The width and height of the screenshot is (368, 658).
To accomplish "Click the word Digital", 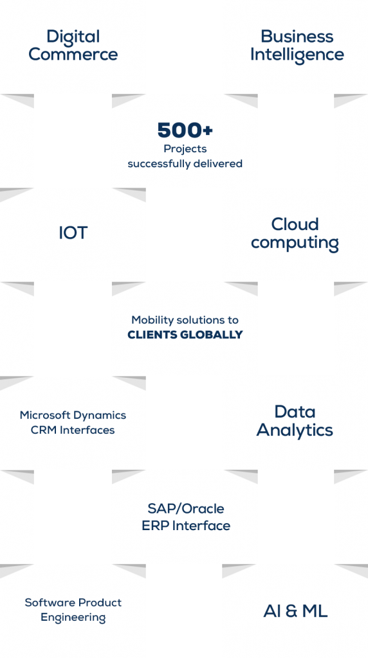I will [x=73, y=37].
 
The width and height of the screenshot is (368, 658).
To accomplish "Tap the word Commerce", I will [x=73, y=54].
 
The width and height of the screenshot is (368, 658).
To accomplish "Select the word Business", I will [x=297, y=37].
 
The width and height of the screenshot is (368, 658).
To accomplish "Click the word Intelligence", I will [x=297, y=55].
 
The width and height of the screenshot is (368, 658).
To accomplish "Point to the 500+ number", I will [x=185, y=130].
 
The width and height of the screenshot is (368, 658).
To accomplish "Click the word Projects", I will [x=185, y=148].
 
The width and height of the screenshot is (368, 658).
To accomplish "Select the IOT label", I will [x=73, y=233].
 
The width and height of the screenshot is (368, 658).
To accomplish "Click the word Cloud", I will [x=295, y=224].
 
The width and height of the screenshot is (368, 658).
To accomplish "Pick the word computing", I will [x=295, y=244].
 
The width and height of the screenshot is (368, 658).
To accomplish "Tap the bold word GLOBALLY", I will [x=210, y=335].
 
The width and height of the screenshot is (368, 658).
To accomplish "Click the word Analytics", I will [x=295, y=431].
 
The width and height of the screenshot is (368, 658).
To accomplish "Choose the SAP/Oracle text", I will [x=185, y=509].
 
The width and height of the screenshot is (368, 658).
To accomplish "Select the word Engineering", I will [x=73, y=618].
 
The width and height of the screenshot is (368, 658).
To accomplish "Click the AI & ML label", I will [x=295, y=611].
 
